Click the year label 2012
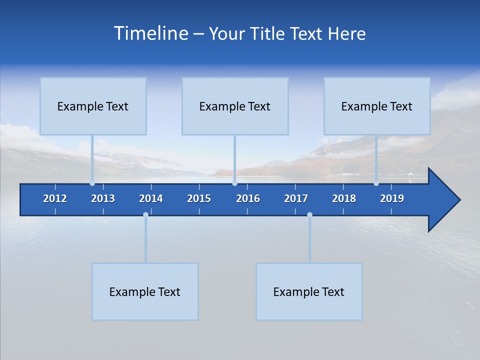[55, 198]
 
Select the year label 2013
[103, 198]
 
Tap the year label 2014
[151, 198]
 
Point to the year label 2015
[199, 198]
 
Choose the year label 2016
[248, 198]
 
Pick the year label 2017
[296, 198]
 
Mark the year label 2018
[344, 198]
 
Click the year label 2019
[392, 198]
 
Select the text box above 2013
[93, 106]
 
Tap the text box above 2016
[235, 106]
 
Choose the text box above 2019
[377, 106]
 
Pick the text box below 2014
[145, 291]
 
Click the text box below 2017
[309, 291]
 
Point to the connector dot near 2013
[92, 183]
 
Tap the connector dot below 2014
[145, 215]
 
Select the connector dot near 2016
[234, 183]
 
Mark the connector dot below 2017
[309, 215]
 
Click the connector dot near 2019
[376, 183]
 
